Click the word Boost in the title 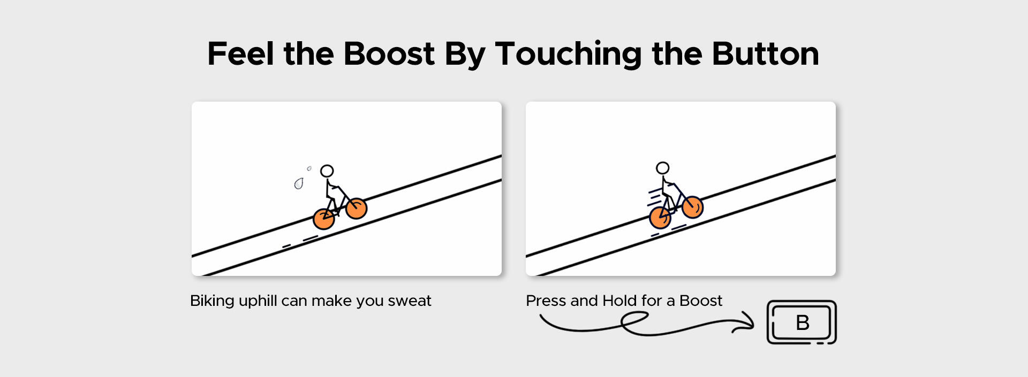pos(389,54)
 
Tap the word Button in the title pos(765,54)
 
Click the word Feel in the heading pos(241,53)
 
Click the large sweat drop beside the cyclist pos(299,184)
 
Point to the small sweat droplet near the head pos(309,169)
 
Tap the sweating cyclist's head pos(327,171)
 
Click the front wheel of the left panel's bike pos(356,209)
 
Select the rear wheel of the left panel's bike pos(324,219)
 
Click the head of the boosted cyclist pos(663,168)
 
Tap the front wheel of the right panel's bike pos(692,207)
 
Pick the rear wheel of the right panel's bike pos(660,218)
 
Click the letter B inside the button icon pos(803,322)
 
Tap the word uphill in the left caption pos(258,302)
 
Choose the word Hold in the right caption pos(619,301)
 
